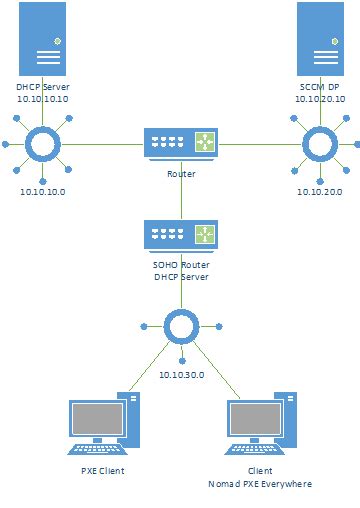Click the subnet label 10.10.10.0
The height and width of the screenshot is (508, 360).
[x=43, y=192]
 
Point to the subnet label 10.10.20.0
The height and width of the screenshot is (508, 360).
[x=319, y=192]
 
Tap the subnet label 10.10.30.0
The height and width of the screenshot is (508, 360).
[x=181, y=373]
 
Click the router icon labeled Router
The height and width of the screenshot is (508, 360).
[x=181, y=145]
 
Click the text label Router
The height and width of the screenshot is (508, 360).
[x=181, y=174]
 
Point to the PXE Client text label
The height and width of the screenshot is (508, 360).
[x=103, y=469]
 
